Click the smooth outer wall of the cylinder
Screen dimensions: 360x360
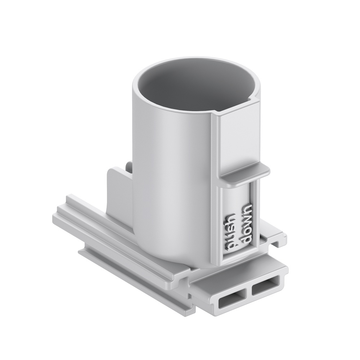[x=169, y=162]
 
